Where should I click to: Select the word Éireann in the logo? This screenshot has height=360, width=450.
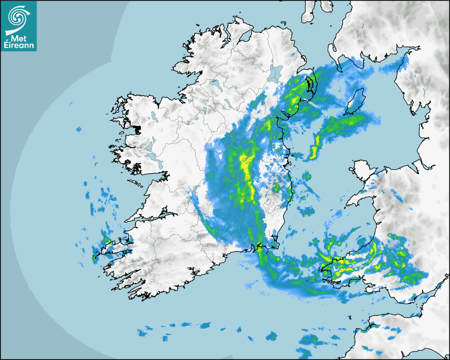pos(18,46)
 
